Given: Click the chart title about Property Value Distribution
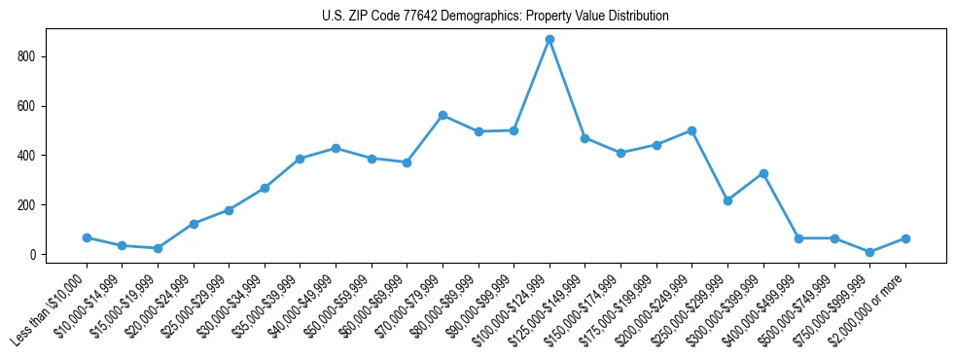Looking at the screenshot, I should tap(495, 17).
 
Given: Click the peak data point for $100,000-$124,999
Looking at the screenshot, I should tap(549, 40).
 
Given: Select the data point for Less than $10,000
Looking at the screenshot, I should tap(87, 237).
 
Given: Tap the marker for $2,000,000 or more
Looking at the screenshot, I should tap(905, 238).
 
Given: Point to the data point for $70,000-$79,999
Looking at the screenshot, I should tap(443, 115).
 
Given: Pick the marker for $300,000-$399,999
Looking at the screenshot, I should tap(763, 173).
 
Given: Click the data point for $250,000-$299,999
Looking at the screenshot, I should tap(727, 200).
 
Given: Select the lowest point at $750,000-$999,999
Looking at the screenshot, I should tap(870, 252).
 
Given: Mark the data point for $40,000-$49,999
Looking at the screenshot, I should tap(336, 148).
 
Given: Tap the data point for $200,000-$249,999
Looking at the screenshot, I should tap(691, 130).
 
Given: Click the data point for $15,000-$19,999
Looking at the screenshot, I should tap(158, 248).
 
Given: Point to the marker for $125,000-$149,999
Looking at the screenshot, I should tap(585, 138).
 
